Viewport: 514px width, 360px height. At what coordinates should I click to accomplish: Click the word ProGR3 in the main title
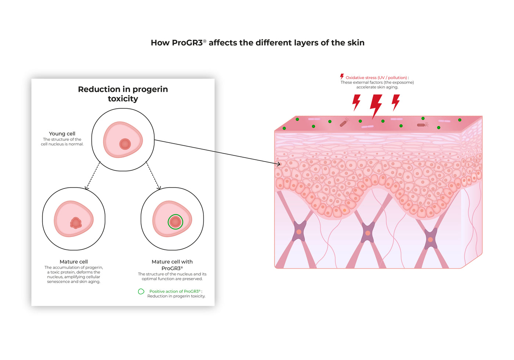tap(187, 43)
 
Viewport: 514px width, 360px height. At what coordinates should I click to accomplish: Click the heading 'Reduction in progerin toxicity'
tap(123, 94)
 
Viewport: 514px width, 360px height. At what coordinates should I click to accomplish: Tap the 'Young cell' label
tap(62, 134)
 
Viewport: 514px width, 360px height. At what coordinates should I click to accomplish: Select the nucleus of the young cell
tap(125, 144)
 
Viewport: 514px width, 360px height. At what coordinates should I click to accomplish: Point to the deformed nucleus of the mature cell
tap(76, 223)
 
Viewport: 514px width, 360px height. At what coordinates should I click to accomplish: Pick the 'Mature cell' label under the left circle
tap(74, 262)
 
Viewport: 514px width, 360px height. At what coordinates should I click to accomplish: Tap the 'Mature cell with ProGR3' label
tap(172, 265)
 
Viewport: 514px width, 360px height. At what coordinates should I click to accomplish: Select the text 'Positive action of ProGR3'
tap(175, 291)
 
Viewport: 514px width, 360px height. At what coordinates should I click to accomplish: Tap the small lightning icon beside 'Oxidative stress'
tap(342, 76)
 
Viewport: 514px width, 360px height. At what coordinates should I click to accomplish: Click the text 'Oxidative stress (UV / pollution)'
tap(376, 78)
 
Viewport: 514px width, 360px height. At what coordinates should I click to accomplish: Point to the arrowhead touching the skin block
tap(279, 164)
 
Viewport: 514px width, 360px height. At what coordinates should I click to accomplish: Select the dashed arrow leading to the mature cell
tap(93, 176)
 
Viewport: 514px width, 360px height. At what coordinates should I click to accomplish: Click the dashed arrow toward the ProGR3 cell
tap(153, 176)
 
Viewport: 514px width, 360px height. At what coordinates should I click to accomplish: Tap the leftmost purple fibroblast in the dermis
tap(299, 231)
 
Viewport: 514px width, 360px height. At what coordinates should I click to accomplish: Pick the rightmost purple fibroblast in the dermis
tap(430, 239)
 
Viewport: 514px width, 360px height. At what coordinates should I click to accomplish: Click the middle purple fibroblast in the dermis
tap(368, 233)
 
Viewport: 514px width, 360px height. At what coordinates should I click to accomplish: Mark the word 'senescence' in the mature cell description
tap(58, 282)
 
